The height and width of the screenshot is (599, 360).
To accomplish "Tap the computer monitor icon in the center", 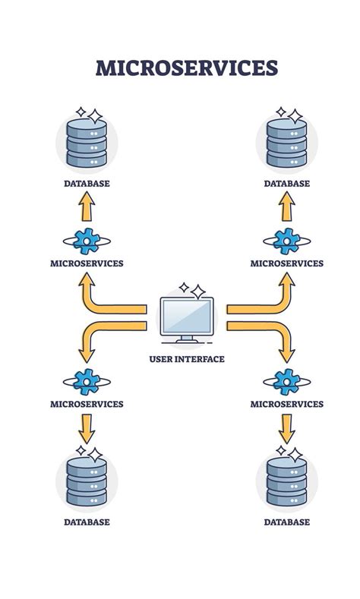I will point(186,320).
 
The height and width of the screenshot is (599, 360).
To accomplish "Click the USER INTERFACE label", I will point(186,359).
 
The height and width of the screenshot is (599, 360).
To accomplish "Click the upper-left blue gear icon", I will point(86,241).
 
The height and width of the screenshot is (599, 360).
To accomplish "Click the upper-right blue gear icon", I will point(286,241).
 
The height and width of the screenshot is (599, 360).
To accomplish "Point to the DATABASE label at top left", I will point(86,184).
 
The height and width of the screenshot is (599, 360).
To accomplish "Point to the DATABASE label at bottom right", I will point(286,522).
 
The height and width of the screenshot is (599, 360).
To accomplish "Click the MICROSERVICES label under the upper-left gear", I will point(86,263).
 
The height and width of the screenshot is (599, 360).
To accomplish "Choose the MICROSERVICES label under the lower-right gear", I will point(286,404).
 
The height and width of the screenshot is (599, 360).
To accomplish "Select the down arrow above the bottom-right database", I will point(286,429).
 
